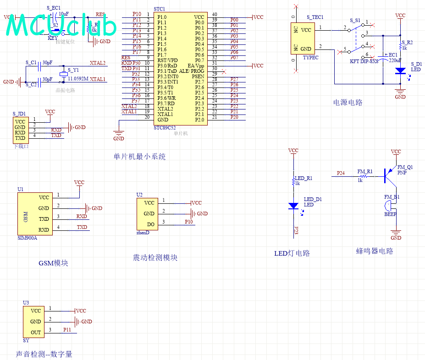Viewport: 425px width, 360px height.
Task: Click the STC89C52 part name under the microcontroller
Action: click(x=165, y=128)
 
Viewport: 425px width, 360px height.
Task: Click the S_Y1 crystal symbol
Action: click(x=63, y=75)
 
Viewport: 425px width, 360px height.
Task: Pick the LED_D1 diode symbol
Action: click(x=293, y=206)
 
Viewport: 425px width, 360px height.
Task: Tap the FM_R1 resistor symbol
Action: click(x=364, y=176)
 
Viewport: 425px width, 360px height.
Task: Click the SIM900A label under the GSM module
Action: click(x=27, y=238)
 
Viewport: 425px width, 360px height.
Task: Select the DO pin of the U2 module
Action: click(x=150, y=224)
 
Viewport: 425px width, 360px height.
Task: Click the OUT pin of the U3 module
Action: click(x=36, y=333)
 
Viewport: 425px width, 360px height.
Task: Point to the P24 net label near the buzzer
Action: click(x=341, y=173)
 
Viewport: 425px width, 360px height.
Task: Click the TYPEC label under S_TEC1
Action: click(x=310, y=58)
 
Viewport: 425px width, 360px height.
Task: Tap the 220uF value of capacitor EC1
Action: click(x=395, y=60)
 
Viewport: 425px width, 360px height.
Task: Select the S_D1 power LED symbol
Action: click(x=400, y=71)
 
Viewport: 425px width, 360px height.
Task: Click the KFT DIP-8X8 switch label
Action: click(x=364, y=61)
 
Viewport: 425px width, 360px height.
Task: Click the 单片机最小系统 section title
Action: click(x=139, y=157)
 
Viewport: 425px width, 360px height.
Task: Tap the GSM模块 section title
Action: click(x=53, y=263)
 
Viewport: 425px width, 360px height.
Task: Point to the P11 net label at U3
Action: click(x=67, y=330)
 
